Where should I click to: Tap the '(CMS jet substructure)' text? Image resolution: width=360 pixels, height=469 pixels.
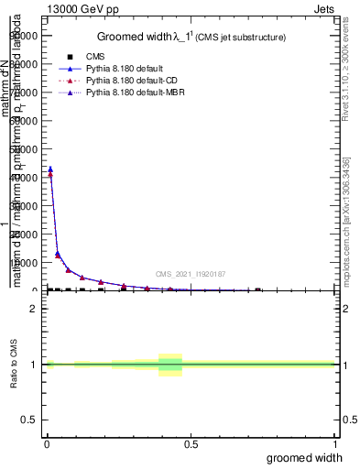point(243,38)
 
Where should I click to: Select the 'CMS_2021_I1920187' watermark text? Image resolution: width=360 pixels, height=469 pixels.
point(190,274)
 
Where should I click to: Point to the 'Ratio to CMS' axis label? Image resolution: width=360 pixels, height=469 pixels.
point(16,364)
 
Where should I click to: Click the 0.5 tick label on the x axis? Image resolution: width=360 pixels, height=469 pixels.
point(191,444)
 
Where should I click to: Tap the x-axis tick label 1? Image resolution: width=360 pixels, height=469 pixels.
point(334,444)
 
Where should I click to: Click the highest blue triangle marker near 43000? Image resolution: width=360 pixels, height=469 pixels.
point(50,169)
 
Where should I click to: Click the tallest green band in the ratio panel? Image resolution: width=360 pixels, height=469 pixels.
point(170,365)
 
